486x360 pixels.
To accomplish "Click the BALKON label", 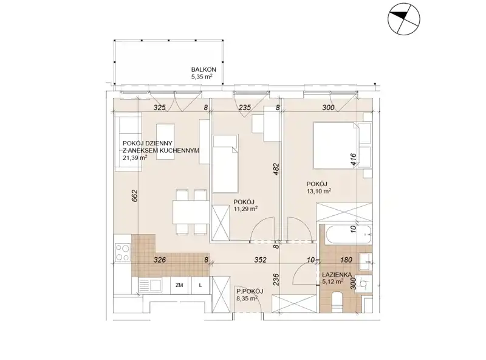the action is [x=204, y=69].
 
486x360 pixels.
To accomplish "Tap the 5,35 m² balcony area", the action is [x=202, y=77].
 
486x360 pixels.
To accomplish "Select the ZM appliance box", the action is [x=179, y=285].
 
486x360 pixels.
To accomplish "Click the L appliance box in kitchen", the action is [x=200, y=285].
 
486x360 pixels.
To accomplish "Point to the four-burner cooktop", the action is [x=123, y=252].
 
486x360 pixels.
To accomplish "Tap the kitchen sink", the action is [x=150, y=285].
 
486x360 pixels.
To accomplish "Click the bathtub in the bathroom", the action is [x=347, y=234].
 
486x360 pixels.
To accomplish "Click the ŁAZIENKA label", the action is [x=337, y=275].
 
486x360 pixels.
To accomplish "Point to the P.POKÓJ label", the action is [x=250, y=291].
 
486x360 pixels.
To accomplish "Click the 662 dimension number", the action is [x=135, y=196].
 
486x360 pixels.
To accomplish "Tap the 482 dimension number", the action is [x=276, y=170].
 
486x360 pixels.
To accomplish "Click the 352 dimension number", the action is [x=261, y=260].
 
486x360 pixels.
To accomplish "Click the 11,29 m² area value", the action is [x=245, y=209].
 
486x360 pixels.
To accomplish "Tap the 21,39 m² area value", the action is [x=135, y=157].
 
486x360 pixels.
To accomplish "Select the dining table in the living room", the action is [x=190, y=212].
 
